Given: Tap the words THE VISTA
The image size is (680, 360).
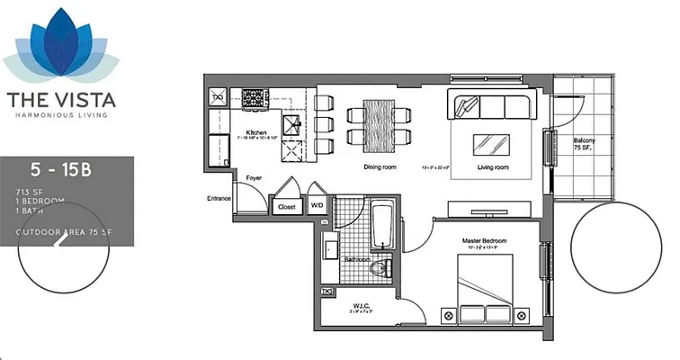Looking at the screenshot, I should tap(61, 98).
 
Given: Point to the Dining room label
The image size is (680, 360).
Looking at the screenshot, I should tap(380, 166).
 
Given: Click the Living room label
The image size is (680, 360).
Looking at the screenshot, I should tap(493, 166).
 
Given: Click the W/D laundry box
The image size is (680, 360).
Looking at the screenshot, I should tap(318, 205).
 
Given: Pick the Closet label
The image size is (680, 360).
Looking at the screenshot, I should tap(287, 206).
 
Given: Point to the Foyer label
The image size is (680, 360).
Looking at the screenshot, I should tap(255, 178).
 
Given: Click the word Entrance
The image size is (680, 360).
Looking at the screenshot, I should tap(219, 198).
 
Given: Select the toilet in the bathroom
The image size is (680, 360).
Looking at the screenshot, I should tap(382, 266).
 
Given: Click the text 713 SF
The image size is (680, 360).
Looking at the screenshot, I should tap(29, 193).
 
